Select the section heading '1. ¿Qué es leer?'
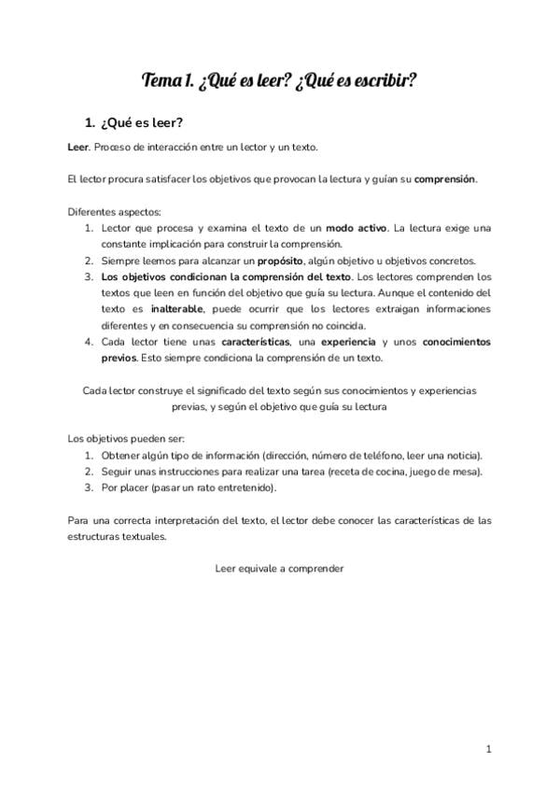tap(133, 122)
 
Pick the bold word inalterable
tap(177, 309)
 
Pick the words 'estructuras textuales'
tap(118, 537)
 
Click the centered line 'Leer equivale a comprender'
tap(280, 569)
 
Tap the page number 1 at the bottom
tap(488, 749)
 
